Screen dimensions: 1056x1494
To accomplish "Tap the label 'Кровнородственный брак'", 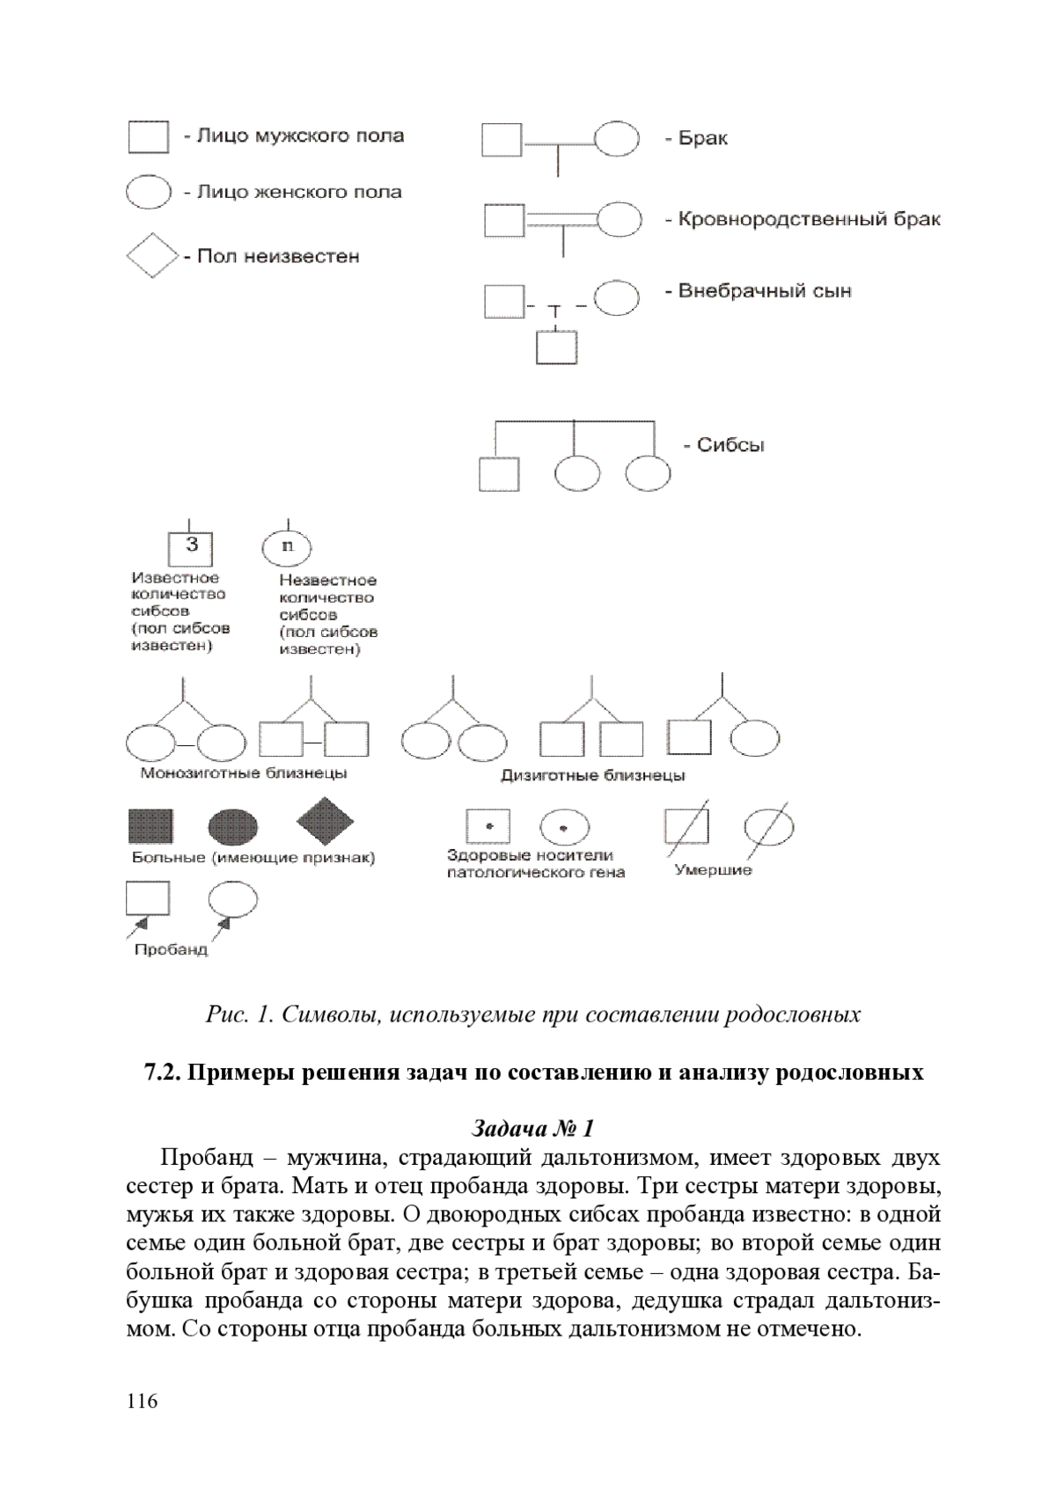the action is (810, 219).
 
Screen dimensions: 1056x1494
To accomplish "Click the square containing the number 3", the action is (189, 549).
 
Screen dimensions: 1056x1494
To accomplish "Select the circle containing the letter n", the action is (287, 547).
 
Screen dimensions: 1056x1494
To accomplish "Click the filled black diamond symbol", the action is (325, 821).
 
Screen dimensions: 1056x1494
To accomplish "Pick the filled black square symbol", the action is (150, 826).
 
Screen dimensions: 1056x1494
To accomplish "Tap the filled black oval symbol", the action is (233, 827).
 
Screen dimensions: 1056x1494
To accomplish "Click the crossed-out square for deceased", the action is (686, 826).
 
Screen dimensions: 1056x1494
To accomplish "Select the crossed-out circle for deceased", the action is (769, 828).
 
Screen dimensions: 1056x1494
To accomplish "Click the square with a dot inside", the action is (488, 826).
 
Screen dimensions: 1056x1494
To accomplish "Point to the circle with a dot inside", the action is (564, 828).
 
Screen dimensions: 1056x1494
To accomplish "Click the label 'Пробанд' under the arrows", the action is (171, 949).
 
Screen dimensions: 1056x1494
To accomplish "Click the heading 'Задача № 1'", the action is (532, 1128).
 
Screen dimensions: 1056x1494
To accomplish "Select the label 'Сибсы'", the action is (730, 445).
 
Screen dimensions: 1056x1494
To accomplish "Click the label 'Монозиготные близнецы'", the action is (244, 773).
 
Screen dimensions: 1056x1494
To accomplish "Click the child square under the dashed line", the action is (556, 347).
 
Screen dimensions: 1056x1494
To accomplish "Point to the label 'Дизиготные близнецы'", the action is (593, 775).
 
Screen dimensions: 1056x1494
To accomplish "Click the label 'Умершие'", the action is (713, 869).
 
